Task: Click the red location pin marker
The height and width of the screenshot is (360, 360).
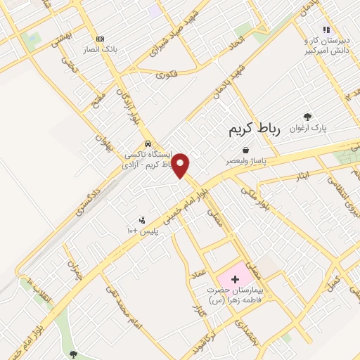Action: (181, 165)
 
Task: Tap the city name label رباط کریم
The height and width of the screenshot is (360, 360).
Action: (255, 129)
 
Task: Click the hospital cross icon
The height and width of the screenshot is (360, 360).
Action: (235, 279)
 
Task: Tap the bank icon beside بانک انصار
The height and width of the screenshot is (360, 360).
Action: (101, 39)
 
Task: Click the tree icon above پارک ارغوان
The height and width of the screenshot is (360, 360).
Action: (307, 117)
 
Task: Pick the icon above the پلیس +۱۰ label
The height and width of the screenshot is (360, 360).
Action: (144, 219)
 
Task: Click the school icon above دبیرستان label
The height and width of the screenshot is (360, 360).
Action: (326, 30)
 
